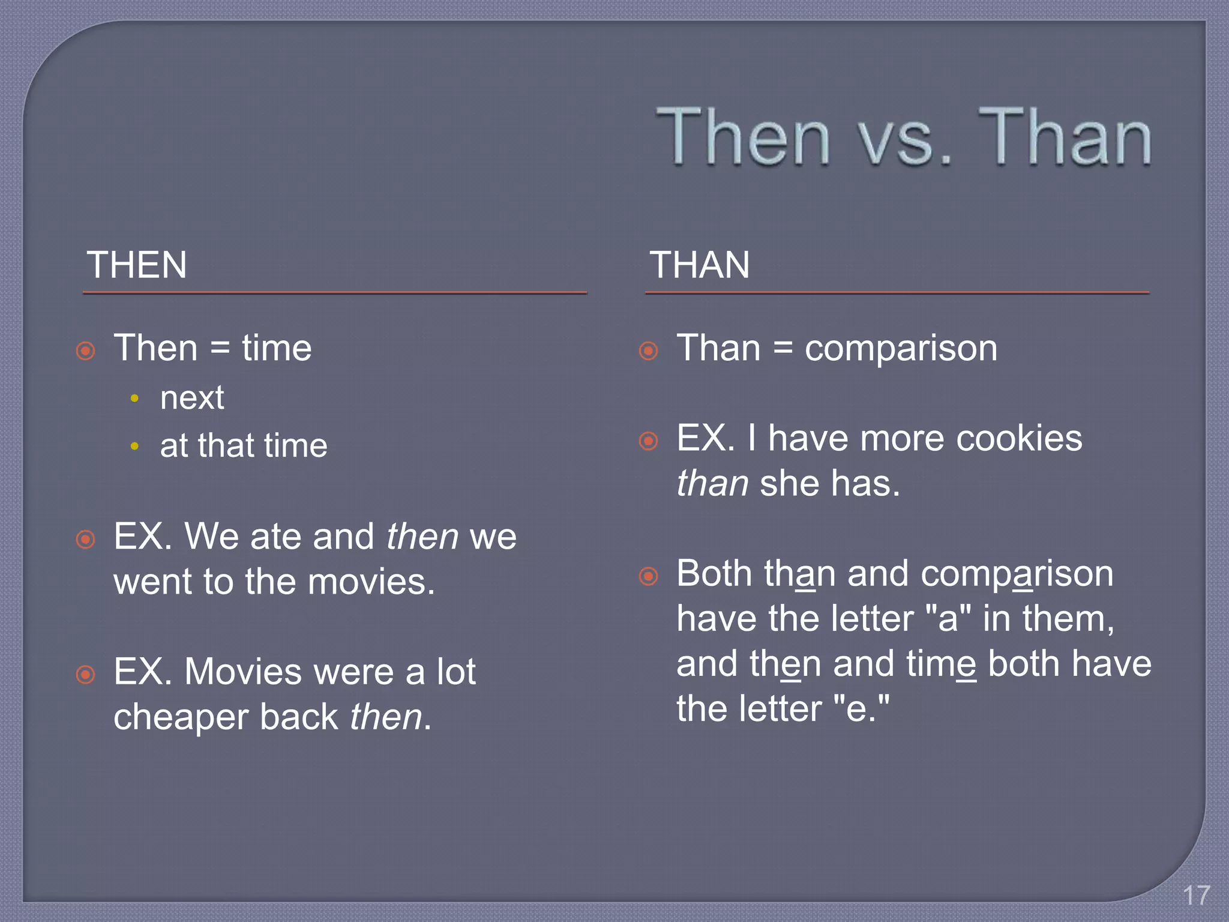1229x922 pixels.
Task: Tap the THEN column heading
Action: pos(137,265)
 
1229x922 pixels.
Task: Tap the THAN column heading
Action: pos(699,265)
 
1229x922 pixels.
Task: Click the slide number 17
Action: pos(1196,896)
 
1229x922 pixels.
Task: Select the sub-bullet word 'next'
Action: pos(192,398)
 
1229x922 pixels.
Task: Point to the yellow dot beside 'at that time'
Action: pos(134,446)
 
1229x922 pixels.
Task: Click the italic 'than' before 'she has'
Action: pos(712,484)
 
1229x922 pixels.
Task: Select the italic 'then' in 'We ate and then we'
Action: pos(422,537)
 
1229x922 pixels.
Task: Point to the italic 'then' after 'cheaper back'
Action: pos(386,717)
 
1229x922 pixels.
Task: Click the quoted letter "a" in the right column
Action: pos(948,619)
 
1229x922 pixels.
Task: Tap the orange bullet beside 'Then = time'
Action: pos(86,351)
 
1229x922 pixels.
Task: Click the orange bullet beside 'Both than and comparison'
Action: pos(648,576)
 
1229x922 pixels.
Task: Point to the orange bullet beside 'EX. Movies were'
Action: pos(86,675)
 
